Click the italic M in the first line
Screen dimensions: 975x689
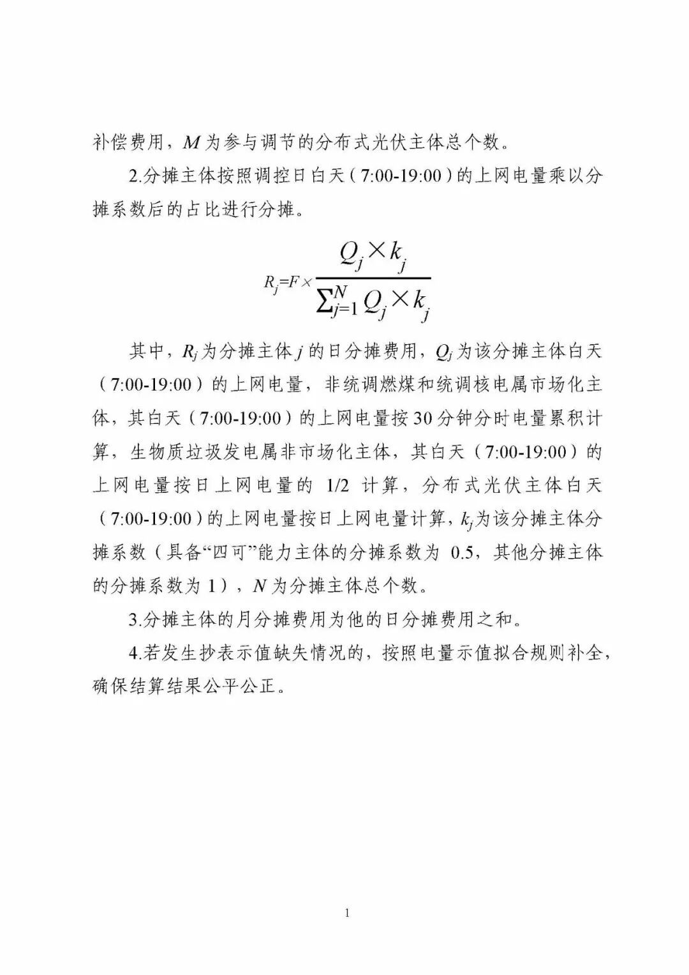[191, 142]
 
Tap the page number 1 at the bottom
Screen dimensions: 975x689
[347, 913]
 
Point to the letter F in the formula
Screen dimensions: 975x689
[293, 282]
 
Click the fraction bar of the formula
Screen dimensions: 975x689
[373, 278]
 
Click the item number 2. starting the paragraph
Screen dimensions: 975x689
[135, 176]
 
